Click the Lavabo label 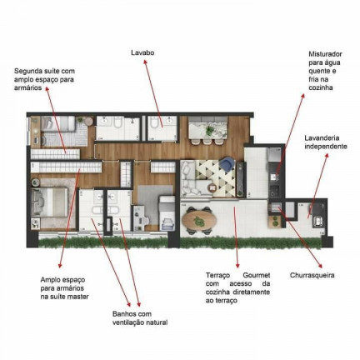coord(142,52)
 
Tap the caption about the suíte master coord(64,287)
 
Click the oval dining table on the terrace coord(198,219)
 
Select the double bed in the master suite coord(47,202)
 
